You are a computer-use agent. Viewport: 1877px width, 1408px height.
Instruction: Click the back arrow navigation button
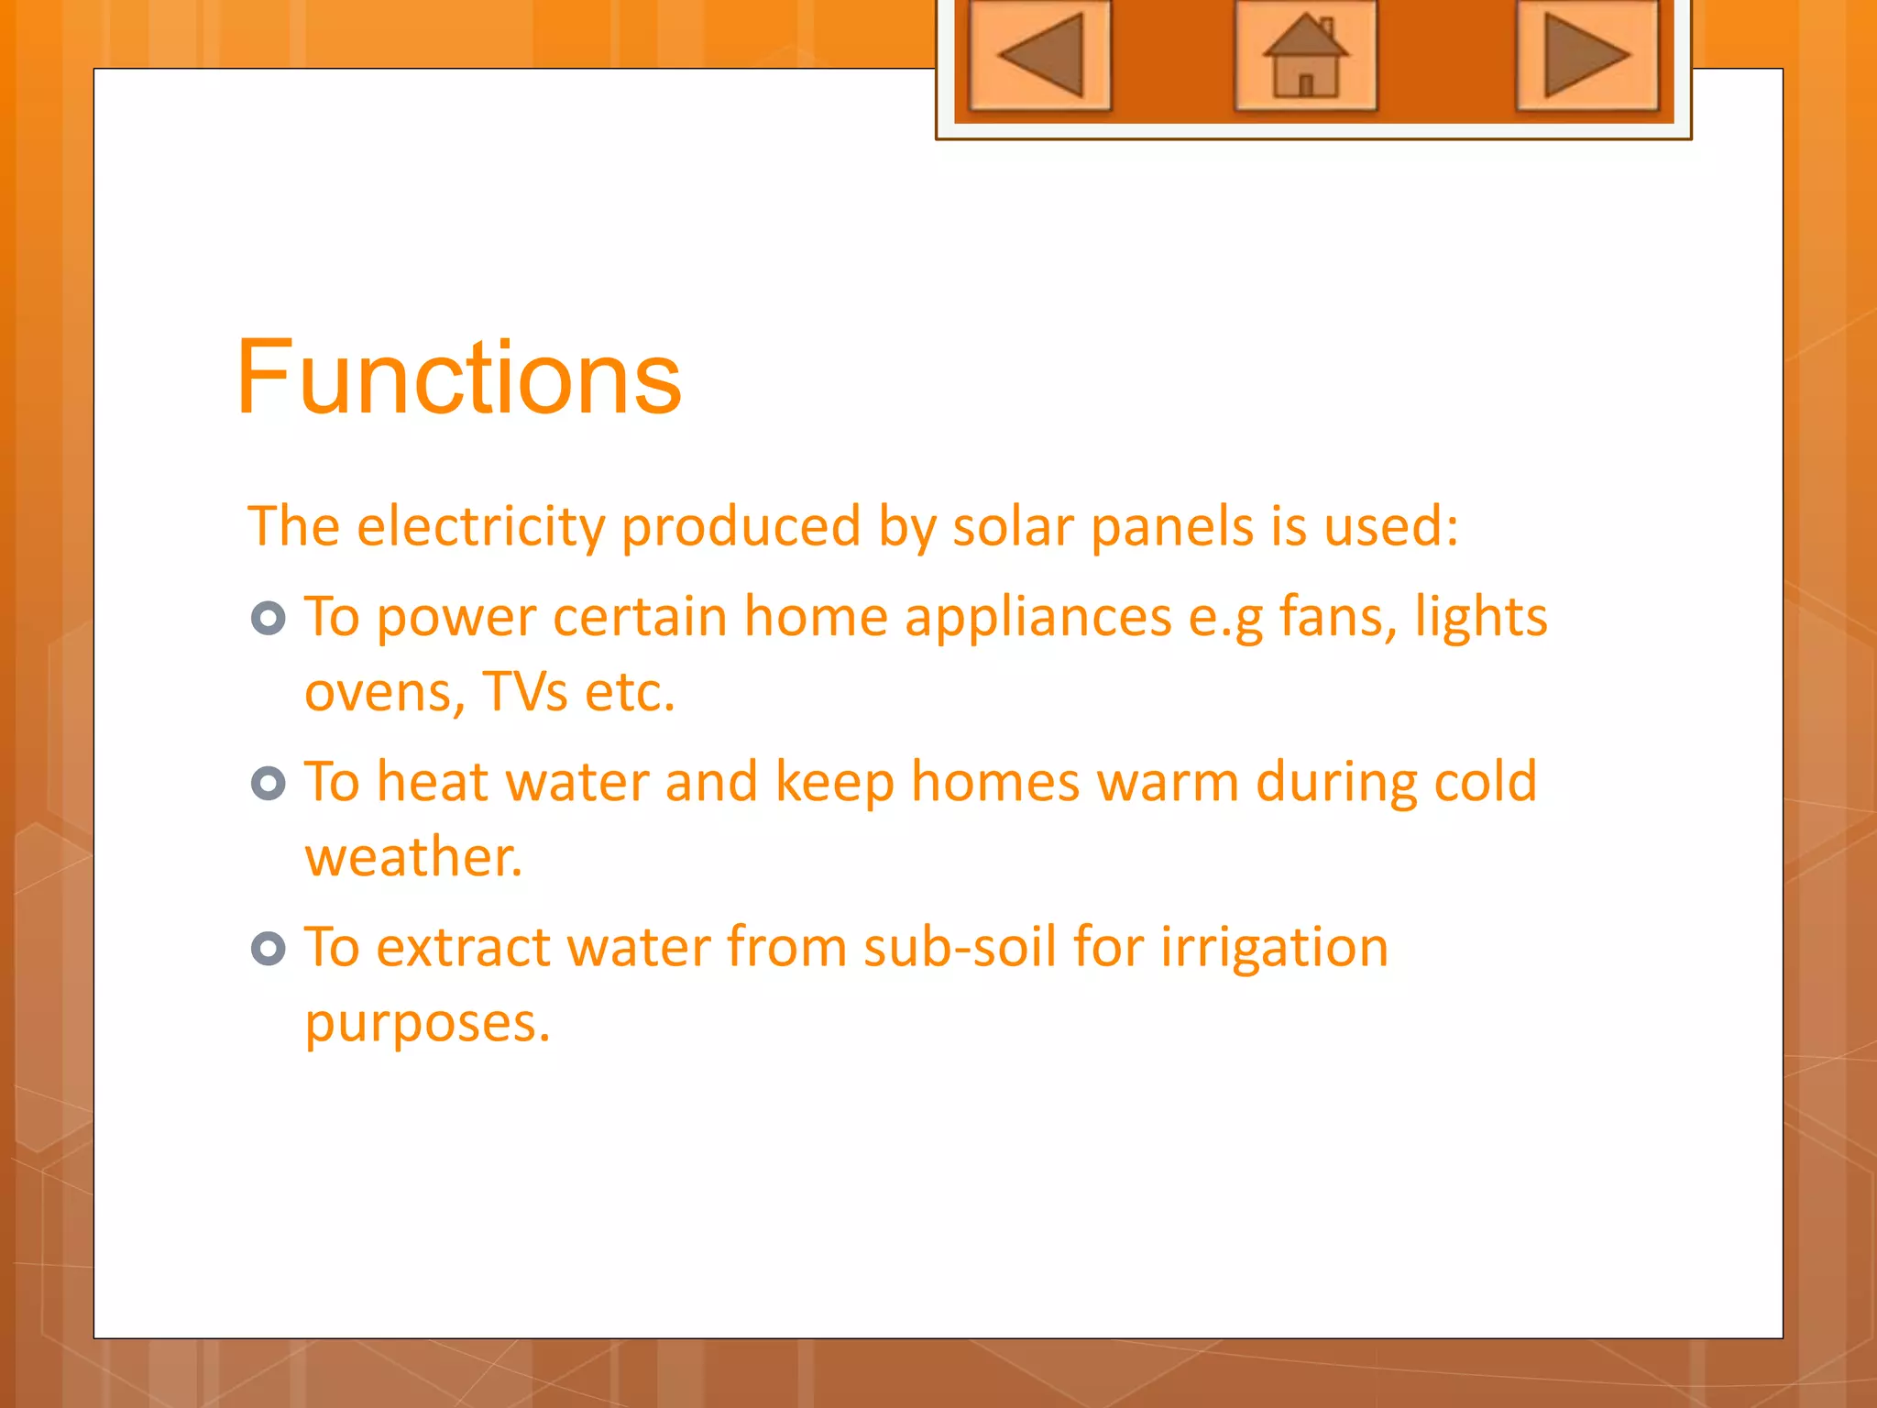point(1040,55)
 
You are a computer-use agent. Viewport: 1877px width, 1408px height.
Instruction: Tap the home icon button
point(1305,55)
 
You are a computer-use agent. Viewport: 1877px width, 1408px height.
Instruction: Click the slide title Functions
point(458,378)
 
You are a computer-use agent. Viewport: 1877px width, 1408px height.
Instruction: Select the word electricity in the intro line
point(481,527)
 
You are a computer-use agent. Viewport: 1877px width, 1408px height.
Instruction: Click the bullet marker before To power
point(269,619)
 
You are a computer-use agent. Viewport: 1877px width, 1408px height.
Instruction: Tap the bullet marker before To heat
point(269,784)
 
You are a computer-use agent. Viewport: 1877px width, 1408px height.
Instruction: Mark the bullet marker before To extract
point(269,949)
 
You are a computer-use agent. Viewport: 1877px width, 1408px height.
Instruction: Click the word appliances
point(1038,617)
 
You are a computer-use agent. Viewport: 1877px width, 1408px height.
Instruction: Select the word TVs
point(524,692)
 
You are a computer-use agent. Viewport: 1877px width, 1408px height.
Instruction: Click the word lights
point(1481,617)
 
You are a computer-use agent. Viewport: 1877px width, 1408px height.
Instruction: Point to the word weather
point(413,857)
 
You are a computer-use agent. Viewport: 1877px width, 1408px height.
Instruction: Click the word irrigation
point(1274,947)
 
